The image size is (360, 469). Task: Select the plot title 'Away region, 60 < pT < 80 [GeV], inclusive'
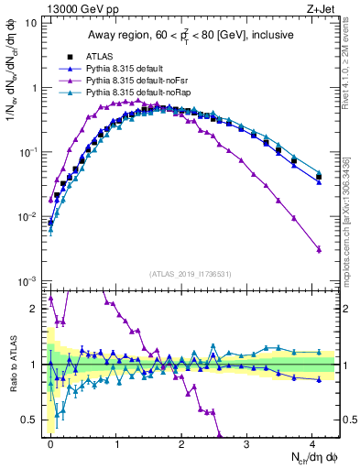click(x=191, y=36)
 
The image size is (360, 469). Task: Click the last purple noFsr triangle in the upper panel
click(x=318, y=249)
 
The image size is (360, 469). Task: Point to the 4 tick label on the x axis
click(x=311, y=443)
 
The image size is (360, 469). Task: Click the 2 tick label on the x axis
click(x=181, y=443)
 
